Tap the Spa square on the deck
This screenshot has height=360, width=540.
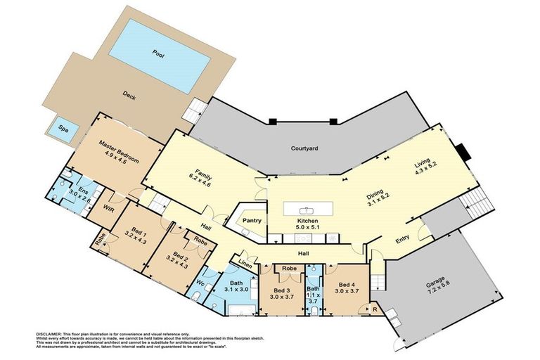click(63, 129)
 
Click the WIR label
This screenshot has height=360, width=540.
click(109, 207)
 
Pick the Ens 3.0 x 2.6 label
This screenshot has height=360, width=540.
click(83, 193)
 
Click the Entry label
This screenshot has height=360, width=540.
click(402, 240)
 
